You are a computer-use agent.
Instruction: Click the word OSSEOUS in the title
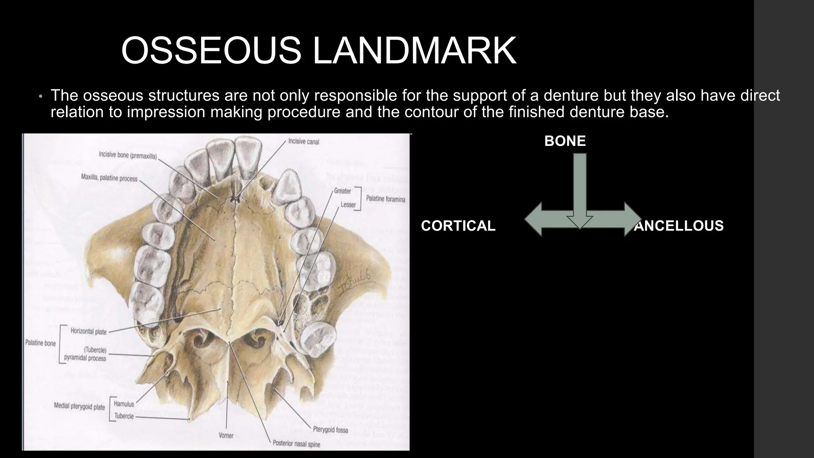(x=211, y=50)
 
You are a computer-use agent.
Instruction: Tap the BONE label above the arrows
(x=565, y=141)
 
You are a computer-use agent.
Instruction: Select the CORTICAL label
(x=458, y=226)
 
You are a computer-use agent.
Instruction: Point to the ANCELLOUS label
(x=679, y=226)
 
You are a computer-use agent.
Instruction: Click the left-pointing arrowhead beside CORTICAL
(x=535, y=219)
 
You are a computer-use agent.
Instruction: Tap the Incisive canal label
(x=304, y=142)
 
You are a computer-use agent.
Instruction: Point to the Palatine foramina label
(x=386, y=198)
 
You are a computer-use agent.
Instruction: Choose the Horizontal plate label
(x=88, y=331)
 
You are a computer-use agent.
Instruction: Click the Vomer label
(x=226, y=436)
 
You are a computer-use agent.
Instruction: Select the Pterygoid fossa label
(x=330, y=430)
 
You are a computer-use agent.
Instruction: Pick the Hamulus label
(x=124, y=404)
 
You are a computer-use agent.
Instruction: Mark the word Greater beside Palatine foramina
(x=342, y=191)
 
